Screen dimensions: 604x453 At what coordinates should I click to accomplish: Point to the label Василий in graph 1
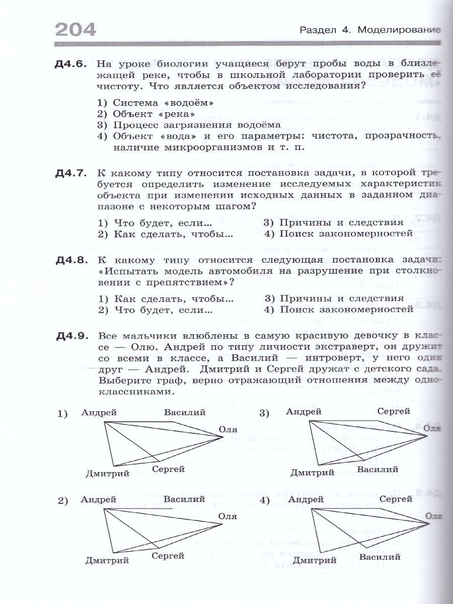(184, 412)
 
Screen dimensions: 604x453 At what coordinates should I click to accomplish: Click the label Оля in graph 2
(228, 515)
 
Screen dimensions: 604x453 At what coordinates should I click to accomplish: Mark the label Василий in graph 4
(381, 557)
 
